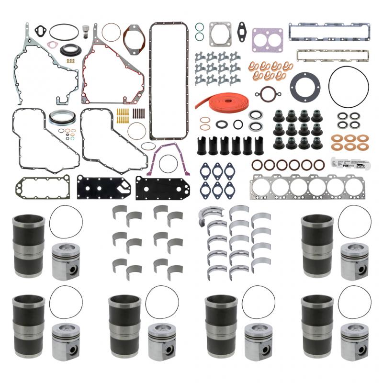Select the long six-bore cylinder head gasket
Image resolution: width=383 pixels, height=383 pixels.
(309, 187)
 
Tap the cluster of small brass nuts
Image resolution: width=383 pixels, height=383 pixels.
(71, 61)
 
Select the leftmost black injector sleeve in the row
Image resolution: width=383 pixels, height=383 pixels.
(202, 146)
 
